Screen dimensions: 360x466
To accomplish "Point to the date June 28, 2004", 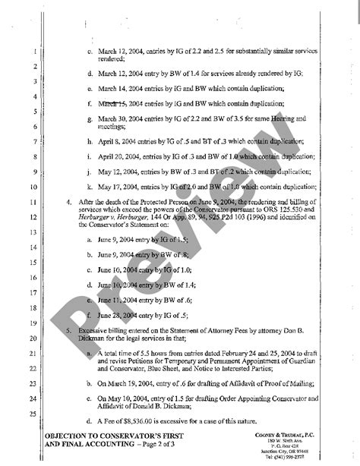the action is (x=115, y=313).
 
